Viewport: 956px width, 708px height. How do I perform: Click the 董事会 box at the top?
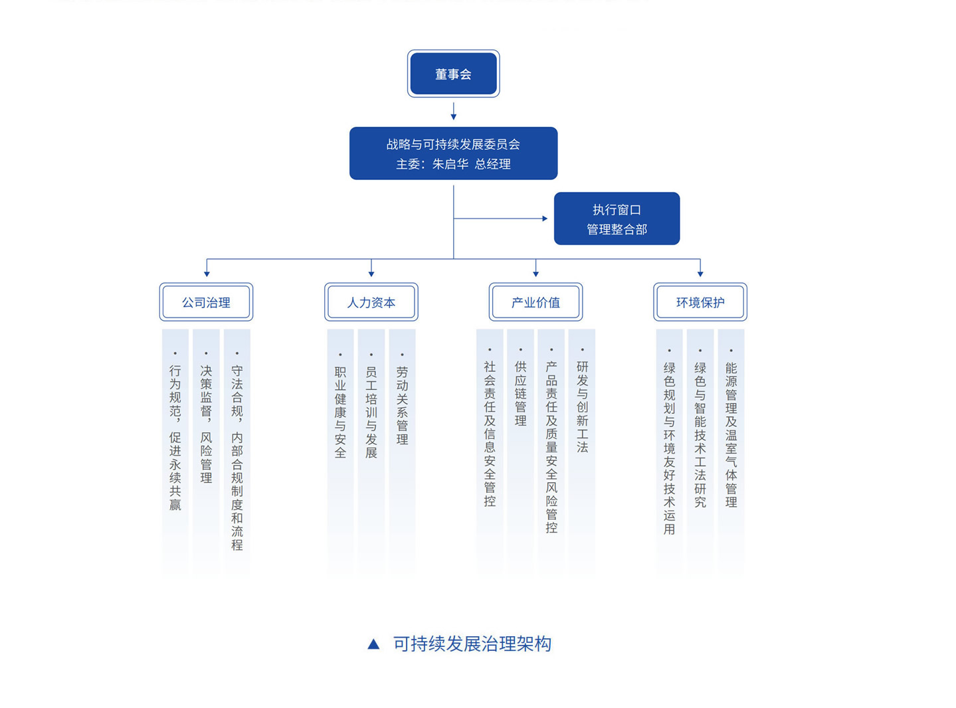[x=453, y=74]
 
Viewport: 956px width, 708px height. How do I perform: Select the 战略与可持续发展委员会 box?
[x=453, y=153]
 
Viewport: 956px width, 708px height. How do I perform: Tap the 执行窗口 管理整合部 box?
[x=617, y=219]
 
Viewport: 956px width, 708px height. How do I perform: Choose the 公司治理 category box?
[x=206, y=302]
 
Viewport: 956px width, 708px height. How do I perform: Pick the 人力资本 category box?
[x=371, y=302]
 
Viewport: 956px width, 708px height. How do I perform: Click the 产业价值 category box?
[x=535, y=302]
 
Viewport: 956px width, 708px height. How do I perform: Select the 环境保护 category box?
[x=700, y=302]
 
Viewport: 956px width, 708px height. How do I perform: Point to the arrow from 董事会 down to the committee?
[x=454, y=111]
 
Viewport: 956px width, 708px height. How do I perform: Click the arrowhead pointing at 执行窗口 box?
[x=545, y=219]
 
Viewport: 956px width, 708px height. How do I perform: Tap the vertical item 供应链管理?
[x=520, y=393]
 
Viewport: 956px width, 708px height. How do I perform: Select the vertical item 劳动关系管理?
[x=402, y=405]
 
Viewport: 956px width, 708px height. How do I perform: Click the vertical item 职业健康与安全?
[x=340, y=412]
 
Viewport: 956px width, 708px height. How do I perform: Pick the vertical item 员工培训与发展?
[x=371, y=412]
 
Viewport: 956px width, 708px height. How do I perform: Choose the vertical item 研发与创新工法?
[x=582, y=406]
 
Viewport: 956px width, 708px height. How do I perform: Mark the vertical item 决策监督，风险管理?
[x=206, y=424]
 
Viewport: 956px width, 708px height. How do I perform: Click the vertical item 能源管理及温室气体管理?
[x=731, y=434]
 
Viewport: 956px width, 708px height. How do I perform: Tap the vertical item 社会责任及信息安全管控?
[x=490, y=433]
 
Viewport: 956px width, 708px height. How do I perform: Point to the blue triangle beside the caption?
[x=373, y=644]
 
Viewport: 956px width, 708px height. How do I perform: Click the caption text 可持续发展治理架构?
[x=472, y=644]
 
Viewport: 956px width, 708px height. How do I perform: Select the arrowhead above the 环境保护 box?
[x=700, y=273]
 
